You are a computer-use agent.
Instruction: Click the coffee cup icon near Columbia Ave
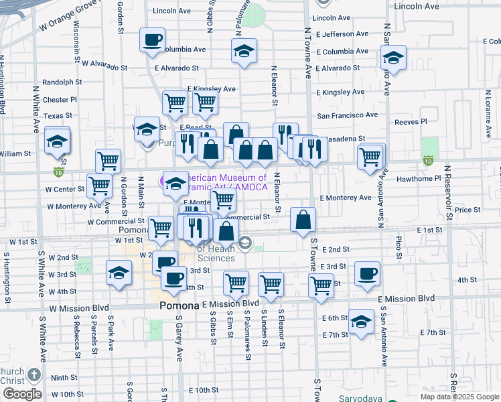pos(152,40)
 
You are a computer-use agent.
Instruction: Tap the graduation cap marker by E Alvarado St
pos(244,51)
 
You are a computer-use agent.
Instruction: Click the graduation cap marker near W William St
pos(58,141)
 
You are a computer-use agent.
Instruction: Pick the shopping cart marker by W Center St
pos(100,186)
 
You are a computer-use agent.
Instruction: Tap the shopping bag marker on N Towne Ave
pos(303,219)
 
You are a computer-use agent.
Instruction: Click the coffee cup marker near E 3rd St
pos(367,274)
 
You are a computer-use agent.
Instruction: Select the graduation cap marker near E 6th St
pos(361,322)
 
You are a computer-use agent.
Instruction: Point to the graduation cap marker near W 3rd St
pos(119,273)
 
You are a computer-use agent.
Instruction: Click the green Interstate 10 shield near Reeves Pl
pos(428,161)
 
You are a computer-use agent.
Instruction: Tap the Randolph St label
pos(62,82)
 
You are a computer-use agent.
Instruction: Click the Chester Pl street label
pos(60,100)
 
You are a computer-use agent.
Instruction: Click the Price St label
pos(463,210)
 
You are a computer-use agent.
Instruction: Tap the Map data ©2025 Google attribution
pos(458,397)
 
